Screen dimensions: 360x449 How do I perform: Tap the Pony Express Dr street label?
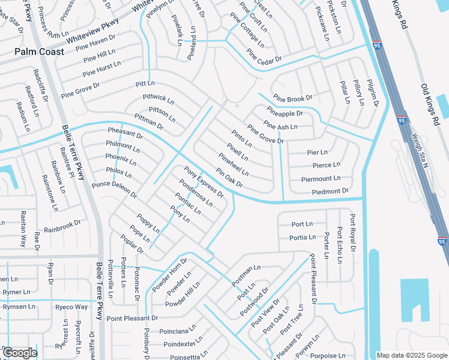click(x=203, y=182)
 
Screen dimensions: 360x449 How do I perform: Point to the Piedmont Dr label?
click(x=330, y=191)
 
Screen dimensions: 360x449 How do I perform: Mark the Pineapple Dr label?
click(x=285, y=112)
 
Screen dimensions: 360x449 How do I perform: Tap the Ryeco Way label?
click(x=71, y=307)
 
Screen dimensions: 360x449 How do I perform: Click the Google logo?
click(x=20, y=353)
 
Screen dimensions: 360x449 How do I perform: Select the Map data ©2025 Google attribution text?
click(x=412, y=355)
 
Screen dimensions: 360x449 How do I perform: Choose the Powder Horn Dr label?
click(x=169, y=275)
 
